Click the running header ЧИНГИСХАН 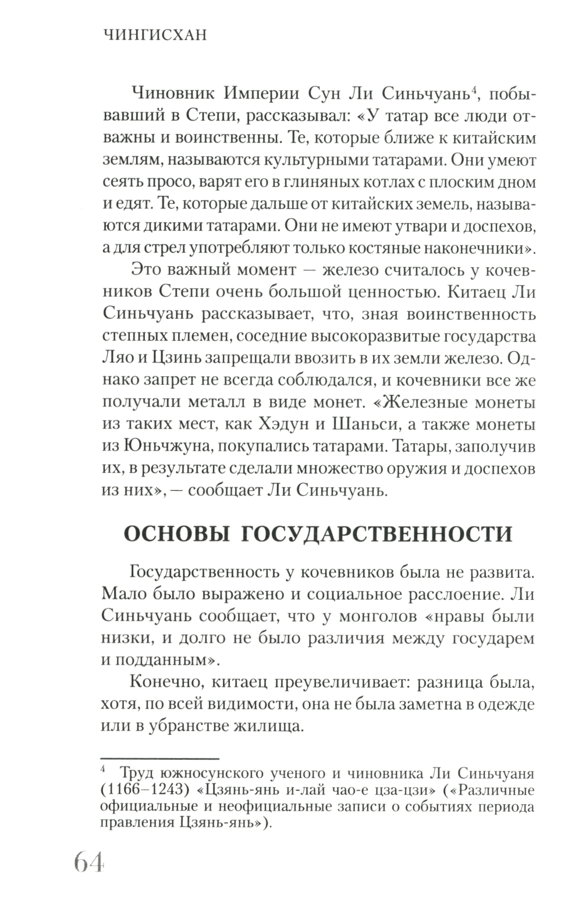pos(155,36)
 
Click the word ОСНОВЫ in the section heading pos(174,534)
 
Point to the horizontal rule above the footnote pos(159,758)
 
